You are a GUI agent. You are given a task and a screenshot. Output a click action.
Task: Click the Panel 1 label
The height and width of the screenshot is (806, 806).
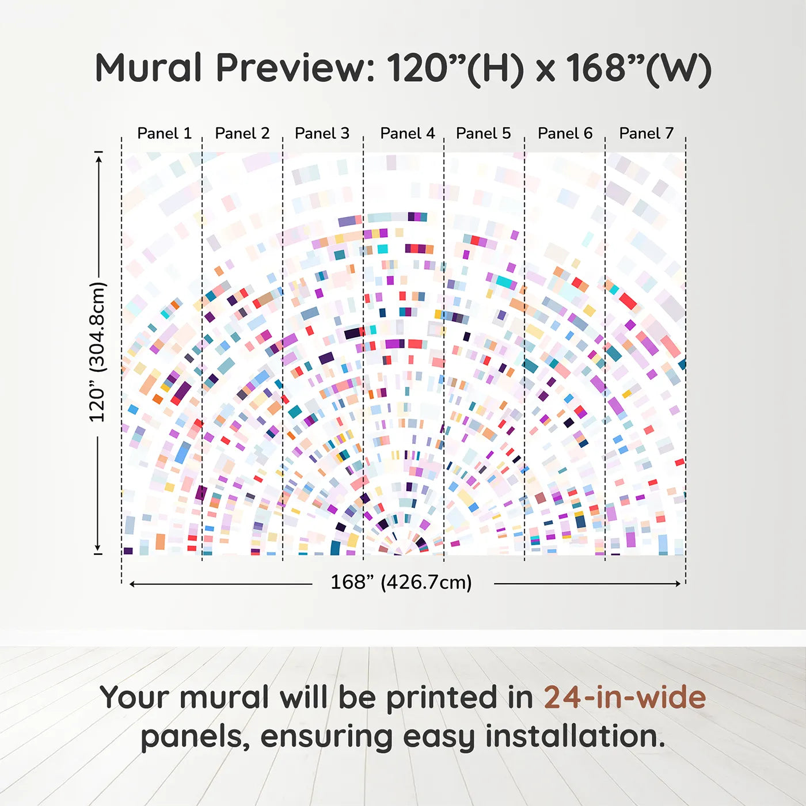point(165,134)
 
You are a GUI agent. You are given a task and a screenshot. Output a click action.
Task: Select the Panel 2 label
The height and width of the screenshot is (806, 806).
point(242,134)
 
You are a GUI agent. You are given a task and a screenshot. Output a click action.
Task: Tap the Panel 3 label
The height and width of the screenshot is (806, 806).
point(322,134)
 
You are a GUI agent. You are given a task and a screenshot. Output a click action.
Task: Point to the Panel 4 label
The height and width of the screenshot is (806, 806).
point(408,134)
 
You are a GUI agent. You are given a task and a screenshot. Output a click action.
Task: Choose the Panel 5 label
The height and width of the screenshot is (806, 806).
point(484,134)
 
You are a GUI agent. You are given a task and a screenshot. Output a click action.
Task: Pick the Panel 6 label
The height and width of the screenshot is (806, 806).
point(565,134)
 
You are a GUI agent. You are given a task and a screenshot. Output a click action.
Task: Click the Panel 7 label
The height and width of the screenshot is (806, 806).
point(646,134)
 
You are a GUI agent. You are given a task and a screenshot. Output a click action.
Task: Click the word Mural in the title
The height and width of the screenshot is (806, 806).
point(149,67)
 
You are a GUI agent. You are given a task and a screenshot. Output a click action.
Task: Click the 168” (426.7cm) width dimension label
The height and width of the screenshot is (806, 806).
point(401,582)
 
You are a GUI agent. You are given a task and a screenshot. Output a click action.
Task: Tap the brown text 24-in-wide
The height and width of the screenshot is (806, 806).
point(625,697)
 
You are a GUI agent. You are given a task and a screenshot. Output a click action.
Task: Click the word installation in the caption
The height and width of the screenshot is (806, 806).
point(575,736)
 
